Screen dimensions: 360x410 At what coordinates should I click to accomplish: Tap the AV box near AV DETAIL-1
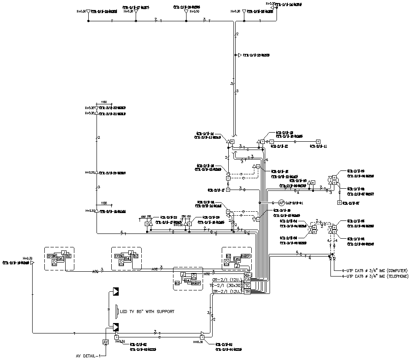point(105,342)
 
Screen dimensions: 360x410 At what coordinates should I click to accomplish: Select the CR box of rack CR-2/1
point(247,280)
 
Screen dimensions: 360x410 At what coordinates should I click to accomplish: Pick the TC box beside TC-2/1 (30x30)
point(247,286)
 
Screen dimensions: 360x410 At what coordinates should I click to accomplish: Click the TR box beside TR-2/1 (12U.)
point(247,292)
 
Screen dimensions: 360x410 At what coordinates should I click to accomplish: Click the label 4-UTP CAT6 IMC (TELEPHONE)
point(375,276)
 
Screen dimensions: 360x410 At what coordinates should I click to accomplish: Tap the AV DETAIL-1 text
point(89,356)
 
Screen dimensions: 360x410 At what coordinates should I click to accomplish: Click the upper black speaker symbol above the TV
point(116,291)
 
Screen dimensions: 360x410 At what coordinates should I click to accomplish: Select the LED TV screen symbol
point(117,311)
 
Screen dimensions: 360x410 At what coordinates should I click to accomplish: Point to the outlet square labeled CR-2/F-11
point(318,141)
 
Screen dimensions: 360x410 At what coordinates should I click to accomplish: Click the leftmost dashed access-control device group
point(59,258)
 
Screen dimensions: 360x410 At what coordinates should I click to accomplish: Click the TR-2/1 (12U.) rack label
point(227,292)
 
